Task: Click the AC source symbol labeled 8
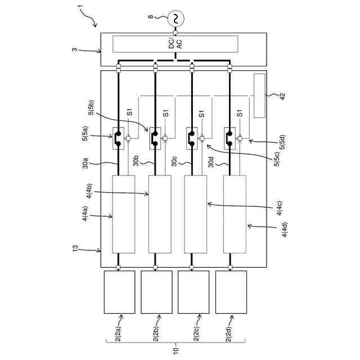(175, 19)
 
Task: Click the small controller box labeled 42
(259, 96)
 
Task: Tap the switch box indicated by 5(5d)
(231, 138)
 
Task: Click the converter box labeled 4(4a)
(124, 214)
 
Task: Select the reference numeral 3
(75, 51)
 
